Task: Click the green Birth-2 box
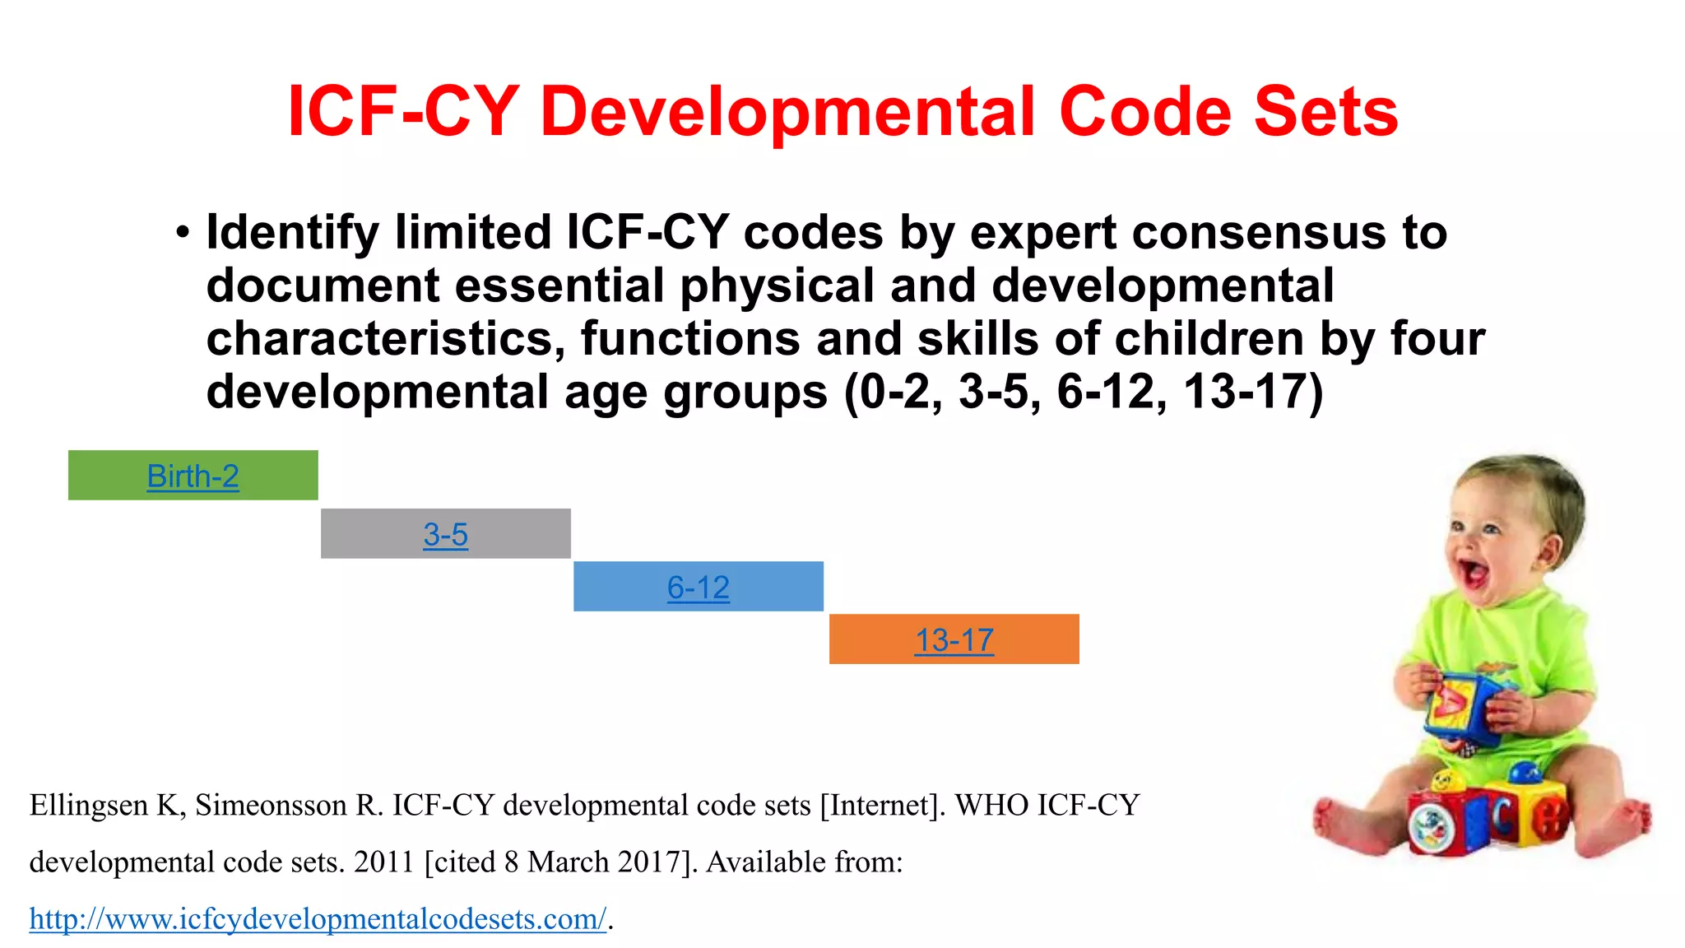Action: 193,475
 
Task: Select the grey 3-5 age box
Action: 445,533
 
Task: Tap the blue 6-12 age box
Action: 698,586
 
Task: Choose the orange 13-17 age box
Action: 954,639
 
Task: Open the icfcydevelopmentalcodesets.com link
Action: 318,918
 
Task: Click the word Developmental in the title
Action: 787,113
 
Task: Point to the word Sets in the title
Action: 1325,113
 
